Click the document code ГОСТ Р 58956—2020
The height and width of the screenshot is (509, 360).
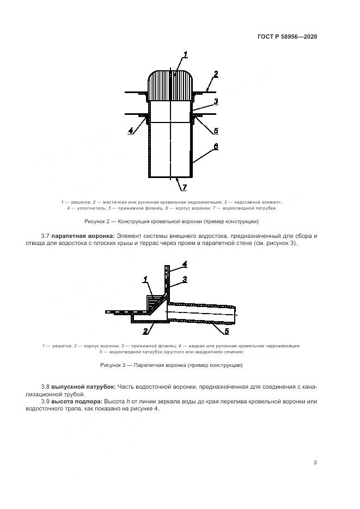(287, 37)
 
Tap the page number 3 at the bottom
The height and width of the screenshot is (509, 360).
(315, 463)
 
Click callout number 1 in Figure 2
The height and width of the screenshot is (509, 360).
(185, 54)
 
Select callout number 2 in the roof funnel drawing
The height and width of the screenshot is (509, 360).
(216, 74)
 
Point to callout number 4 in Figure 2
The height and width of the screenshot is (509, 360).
(131, 131)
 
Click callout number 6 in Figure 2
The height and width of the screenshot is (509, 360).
(216, 147)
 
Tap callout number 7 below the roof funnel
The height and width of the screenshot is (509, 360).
(184, 188)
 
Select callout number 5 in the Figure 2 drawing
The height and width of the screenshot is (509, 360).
(216, 131)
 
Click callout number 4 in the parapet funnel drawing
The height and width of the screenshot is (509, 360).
(185, 264)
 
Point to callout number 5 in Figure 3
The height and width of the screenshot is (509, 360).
(227, 330)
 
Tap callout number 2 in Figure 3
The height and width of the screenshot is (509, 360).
(145, 330)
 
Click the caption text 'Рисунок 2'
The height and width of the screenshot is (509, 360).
(99, 222)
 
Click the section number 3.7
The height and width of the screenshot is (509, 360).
(46, 236)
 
